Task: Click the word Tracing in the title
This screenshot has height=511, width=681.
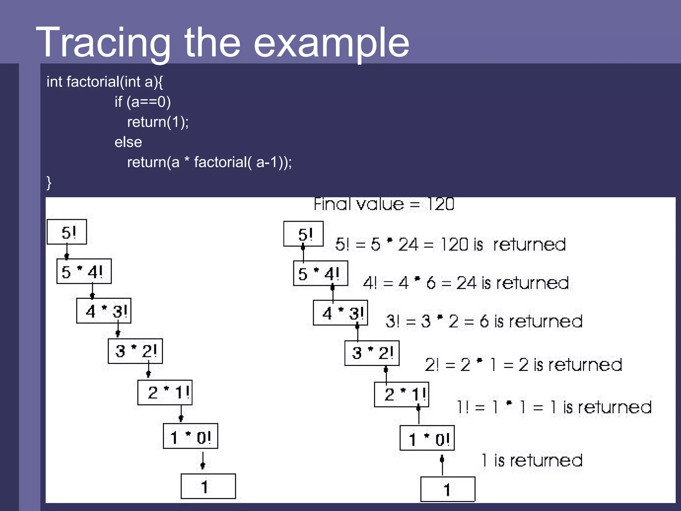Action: point(103,43)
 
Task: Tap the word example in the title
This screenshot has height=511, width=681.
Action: point(331,43)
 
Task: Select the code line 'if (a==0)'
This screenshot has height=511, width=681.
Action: point(143,102)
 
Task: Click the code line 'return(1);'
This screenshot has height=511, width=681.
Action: point(158,122)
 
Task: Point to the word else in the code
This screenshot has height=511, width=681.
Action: point(128,142)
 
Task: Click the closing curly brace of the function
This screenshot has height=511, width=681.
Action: point(49,183)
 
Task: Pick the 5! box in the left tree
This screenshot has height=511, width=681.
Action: point(67,232)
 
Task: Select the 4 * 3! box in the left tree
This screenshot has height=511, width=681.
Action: point(104,311)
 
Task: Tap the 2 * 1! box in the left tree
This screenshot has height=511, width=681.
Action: point(165,393)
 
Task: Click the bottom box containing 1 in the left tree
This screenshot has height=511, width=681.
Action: point(208,486)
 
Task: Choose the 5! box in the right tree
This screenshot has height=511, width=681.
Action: point(303,234)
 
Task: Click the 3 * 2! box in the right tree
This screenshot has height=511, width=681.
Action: point(372,353)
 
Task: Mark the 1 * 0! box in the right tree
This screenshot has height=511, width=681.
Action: point(427,438)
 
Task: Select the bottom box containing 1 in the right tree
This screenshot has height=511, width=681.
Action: point(448,489)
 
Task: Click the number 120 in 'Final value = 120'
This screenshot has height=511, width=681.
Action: point(441,204)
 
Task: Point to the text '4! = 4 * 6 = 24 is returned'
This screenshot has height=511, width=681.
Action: point(466,283)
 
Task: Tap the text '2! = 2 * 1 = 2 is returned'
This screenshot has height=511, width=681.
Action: point(523,365)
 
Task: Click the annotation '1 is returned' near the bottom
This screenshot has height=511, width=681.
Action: point(532,461)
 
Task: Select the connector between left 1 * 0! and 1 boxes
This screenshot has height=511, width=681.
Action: point(203,461)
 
